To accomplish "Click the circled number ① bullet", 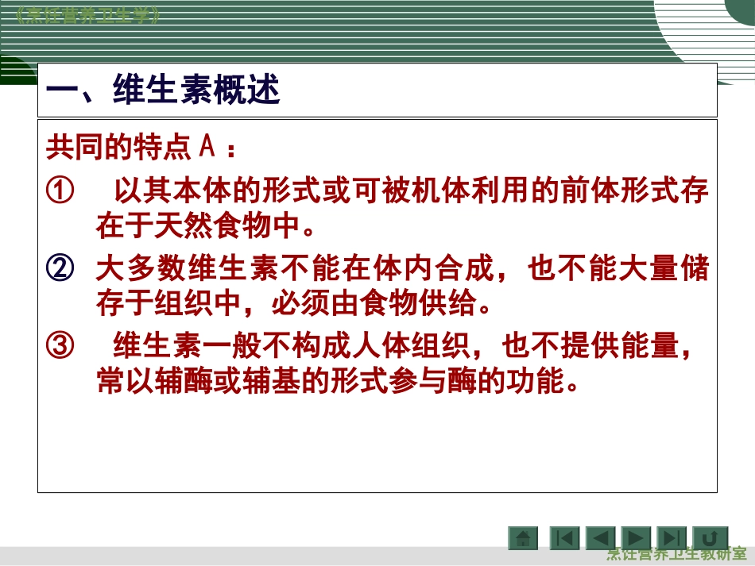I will tap(60, 191).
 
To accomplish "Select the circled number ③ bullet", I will tap(60, 347).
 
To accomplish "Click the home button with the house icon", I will tap(523, 538).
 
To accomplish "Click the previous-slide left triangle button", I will tap(600, 538).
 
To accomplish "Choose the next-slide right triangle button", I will tap(635, 538).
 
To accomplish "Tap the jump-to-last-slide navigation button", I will tap(672, 538).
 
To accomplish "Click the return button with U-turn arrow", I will tap(710, 538).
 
